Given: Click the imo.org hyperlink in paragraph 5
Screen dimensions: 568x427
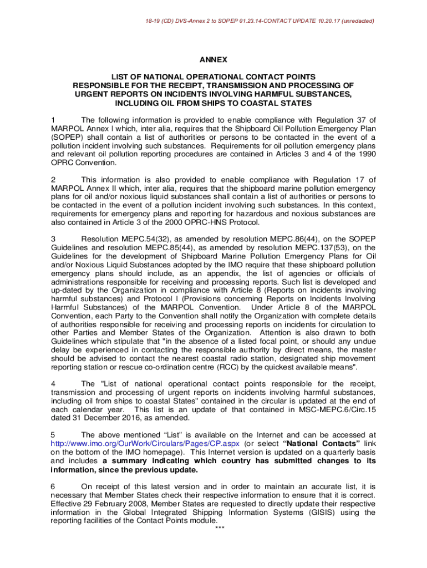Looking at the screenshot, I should pos(145,444).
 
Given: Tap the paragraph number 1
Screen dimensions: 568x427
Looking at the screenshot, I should pos(53,119).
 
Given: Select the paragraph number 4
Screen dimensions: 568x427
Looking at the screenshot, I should pos(53,383).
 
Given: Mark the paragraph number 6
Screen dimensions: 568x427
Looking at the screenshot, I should pos(53,486).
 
